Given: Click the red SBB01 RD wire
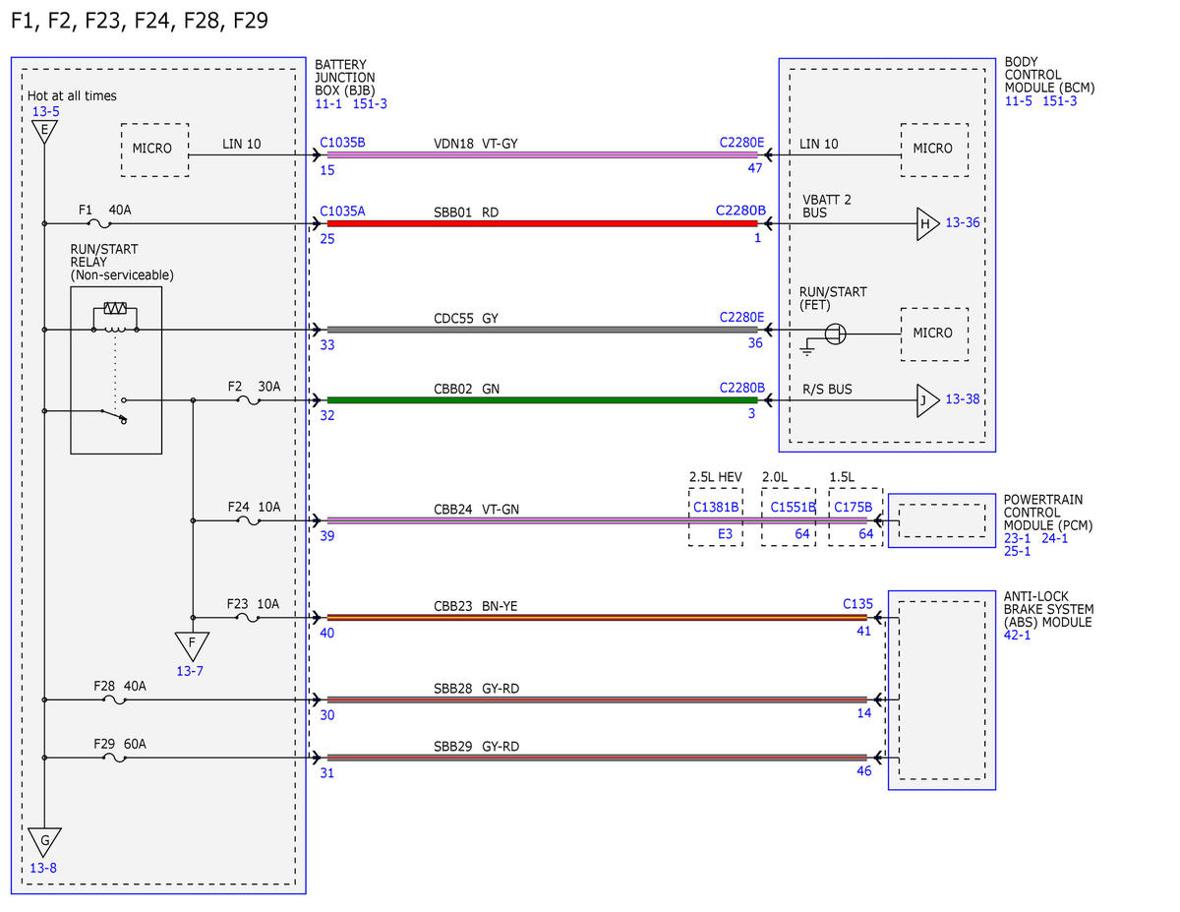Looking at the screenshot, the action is coord(542,223).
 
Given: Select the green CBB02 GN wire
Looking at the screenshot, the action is coord(542,400).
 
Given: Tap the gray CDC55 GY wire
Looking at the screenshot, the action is coord(542,330).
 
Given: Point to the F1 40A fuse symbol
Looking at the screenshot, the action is coord(99,223).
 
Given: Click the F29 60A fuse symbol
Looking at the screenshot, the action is coord(115,758).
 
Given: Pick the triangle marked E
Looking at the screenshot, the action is coord(44,132).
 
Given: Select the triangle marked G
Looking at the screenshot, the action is coord(44,842).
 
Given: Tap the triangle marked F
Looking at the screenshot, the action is coord(192,645).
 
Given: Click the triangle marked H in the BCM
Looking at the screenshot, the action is coord(927,223).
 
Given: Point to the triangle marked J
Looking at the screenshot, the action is coord(927,400).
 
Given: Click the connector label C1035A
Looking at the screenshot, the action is coord(342,211).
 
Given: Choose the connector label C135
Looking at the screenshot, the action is coord(857,604).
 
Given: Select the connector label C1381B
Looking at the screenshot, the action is coord(716,507).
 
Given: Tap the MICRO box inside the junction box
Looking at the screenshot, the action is coord(154,150).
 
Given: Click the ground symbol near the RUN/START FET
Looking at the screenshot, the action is coord(807,346).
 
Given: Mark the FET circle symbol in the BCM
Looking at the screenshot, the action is coord(835,334).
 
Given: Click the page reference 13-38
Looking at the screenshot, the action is coord(963,399).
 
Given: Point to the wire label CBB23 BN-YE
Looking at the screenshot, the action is coord(475,606).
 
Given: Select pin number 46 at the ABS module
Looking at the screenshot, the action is coord(863,770).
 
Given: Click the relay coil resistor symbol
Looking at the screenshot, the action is coord(115,309).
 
